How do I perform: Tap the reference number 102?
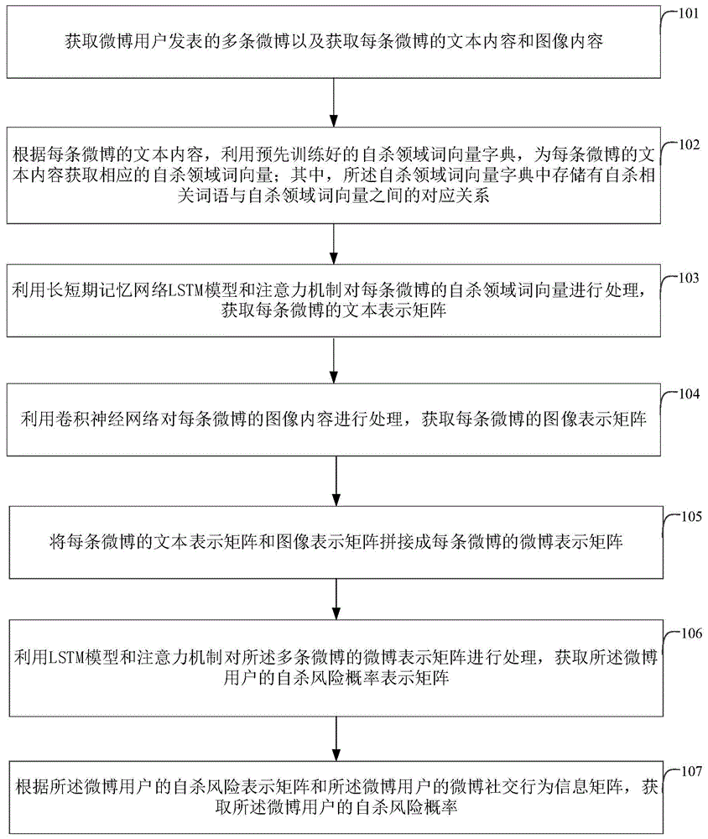[688, 144]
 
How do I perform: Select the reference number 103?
[688, 279]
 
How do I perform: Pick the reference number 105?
[688, 516]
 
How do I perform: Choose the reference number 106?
[688, 633]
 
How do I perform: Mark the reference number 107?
[688, 771]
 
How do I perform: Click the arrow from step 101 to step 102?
[335, 104]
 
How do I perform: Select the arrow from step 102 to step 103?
[335, 239]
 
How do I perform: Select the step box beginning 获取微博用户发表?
[335, 40]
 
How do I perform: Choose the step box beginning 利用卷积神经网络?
[335, 417]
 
